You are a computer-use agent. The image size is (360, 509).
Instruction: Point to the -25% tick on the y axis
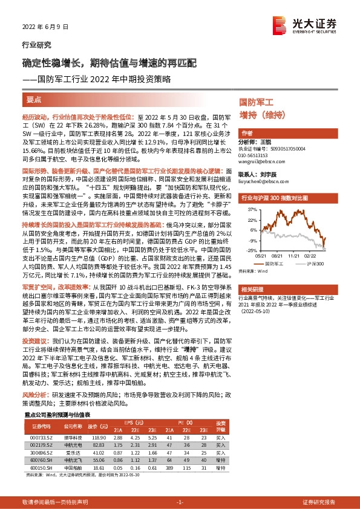(x=250, y=250)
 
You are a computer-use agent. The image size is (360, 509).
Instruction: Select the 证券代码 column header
(x=38, y=426)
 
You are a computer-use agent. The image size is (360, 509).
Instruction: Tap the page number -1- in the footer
(x=180, y=502)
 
